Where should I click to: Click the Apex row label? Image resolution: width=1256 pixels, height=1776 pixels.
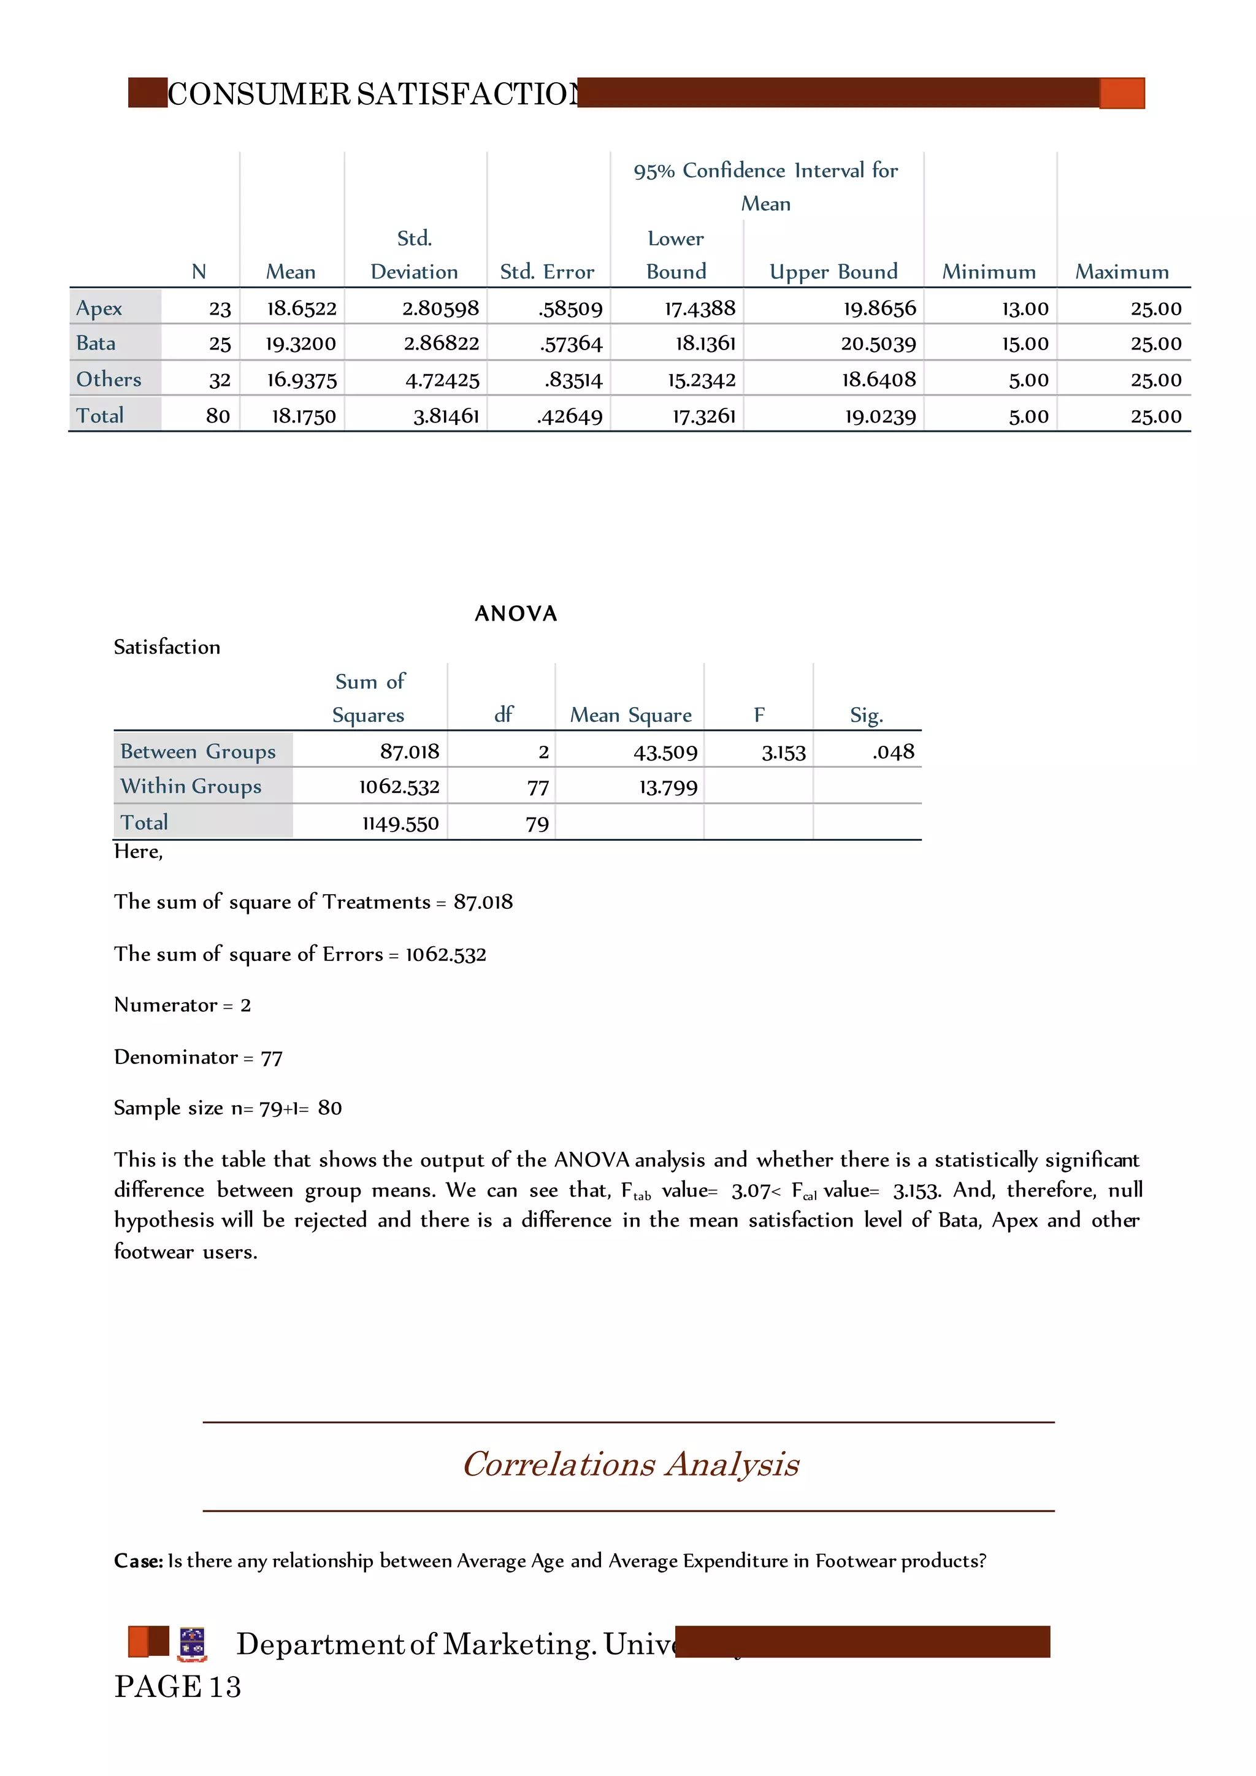pyautogui.click(x=99, y=308)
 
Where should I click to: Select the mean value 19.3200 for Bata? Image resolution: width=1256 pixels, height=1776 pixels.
pyautogui.click(x=301, y=343)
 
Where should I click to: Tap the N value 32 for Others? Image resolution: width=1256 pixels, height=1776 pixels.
pyautogui.click(x=220, y=380)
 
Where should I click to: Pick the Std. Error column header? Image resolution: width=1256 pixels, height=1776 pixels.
pyautogui.click(x=547, y=272)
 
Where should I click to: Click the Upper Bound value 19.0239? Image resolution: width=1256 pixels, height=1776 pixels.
pyautogui.click(x=879, y=416)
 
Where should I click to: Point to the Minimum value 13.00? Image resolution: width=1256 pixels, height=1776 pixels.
pyautogui.click(x=1025, y=308)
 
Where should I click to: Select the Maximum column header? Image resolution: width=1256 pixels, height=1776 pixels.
pyautogui.click(x=1122, y=272)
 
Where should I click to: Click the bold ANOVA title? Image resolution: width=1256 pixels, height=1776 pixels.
pyautogui.click(x=516, y=613)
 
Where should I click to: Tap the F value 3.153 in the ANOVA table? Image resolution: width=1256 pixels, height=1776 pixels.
pyautogui.click(x=783, y=752)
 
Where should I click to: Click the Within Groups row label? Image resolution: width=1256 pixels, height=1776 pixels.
pyautogui.click(x=191, y=786)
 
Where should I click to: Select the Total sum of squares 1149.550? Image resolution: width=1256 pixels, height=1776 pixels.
pyautogui.click(x=400, y=823)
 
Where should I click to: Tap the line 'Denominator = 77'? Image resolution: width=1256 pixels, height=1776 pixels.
pyautogui.click(x=198, y=1057)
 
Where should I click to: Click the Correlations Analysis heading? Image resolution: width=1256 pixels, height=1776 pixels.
pyautogui.click(x=630, y=1464)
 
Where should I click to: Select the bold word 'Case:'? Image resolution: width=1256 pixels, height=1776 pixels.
pyautogui.click(x=139, y=1561)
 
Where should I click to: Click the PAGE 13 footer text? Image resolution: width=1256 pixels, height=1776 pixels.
pyautogui.click(x=178, y=1686)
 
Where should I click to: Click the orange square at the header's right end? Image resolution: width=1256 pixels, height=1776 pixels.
pyautogui.click(x=1122, y=93)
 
